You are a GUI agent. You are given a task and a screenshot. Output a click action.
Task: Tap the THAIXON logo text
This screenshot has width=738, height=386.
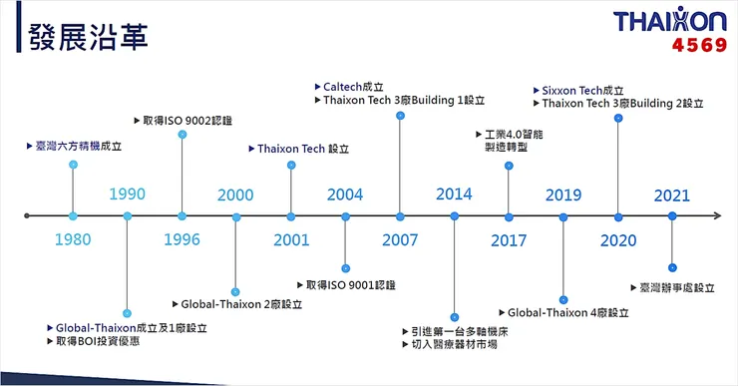pyautogui.click(x=670, y=22)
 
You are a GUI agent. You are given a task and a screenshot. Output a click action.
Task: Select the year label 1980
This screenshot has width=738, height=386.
pyautogui.click(x=73, y=239)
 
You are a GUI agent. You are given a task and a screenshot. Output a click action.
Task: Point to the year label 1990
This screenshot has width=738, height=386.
pyautogui.click(x=128, y=193)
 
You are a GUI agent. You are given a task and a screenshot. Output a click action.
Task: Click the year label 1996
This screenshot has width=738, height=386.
pyautogui.click(x=182, y=239)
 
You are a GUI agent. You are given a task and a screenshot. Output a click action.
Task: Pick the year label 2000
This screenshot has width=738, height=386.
pyautogui.click(x=235, y=194)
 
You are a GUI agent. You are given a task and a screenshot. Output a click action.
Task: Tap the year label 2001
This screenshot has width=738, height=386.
pyautogui.click(x=290, y=239)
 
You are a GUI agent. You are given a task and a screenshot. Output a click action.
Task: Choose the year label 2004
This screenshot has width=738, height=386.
pyautogui.click(x=345, y=194)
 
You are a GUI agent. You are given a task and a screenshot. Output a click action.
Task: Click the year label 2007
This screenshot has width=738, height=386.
pyautogui.click(x=400, y=239)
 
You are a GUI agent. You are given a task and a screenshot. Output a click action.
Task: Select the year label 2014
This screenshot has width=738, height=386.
pyautogui.click(x=455, y=194)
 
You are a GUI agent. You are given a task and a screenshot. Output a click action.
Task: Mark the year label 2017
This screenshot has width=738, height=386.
pyautogui.click(x=509, y=239)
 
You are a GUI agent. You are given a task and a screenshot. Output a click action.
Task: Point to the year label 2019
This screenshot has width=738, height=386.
pyautogui.click(x=563, y=194)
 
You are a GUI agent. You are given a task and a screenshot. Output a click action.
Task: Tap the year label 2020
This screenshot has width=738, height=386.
pyautogui.click(x=618, y=239)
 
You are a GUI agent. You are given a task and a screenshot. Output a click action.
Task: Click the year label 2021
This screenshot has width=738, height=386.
pyautogui.click(x=672, y=194)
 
